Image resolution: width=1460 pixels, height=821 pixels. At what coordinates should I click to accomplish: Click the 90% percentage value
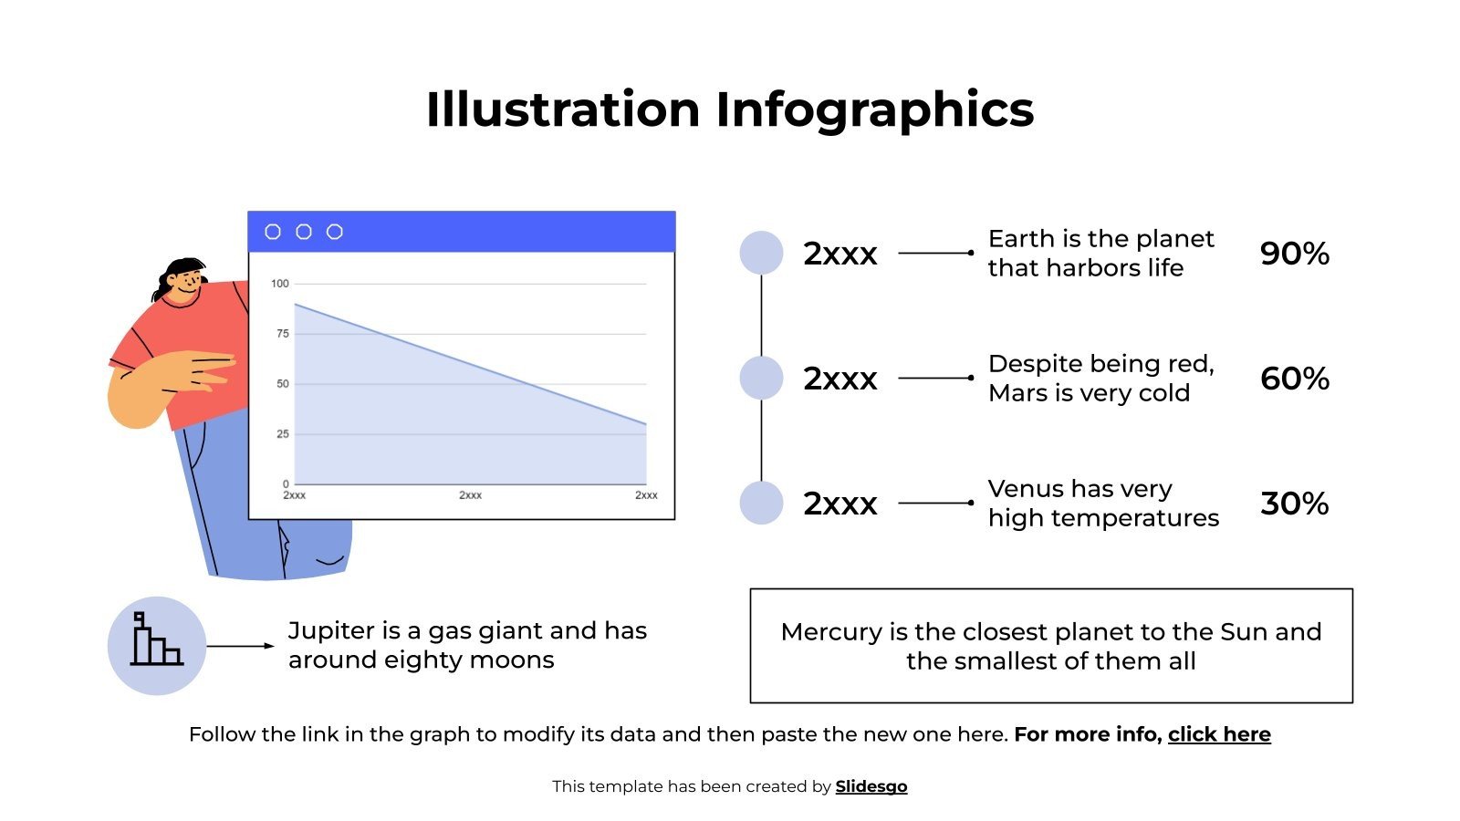point(1294,254)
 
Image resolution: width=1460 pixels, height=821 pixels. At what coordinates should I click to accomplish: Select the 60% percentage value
point(1294,379)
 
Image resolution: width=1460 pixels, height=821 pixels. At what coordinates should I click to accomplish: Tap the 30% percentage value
point(1294,504)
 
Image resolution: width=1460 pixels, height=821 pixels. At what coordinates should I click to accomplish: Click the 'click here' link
point(1219,734)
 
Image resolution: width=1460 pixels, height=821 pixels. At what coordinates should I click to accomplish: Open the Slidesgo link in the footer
point(871,786)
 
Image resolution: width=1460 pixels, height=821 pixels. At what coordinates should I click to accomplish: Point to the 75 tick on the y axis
point(282,334)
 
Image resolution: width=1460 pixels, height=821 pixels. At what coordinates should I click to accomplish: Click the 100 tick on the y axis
point(279,284)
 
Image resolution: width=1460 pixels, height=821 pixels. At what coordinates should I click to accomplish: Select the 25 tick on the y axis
point(282,434)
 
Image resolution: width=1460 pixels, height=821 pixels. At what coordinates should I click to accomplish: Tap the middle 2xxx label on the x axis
point(470,495)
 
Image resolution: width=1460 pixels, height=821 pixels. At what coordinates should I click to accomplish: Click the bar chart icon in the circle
point(156,640)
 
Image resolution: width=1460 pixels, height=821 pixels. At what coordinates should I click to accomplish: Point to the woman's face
point(187,284)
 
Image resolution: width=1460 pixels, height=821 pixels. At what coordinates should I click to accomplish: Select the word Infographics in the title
point(874,109)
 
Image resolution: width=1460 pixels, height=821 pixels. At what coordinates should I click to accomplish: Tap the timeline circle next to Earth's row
point(761,253)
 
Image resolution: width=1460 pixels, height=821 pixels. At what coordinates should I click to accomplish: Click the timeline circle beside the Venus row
point(761,503)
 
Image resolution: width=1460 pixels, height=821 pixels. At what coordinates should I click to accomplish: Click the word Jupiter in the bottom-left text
point(331,630)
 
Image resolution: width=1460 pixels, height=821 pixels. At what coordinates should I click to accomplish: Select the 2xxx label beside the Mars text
point(839,379)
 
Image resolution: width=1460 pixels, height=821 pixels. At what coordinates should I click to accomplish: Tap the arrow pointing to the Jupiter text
point(240,646)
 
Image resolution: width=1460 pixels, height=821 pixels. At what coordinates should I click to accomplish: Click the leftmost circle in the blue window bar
point(273,232)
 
